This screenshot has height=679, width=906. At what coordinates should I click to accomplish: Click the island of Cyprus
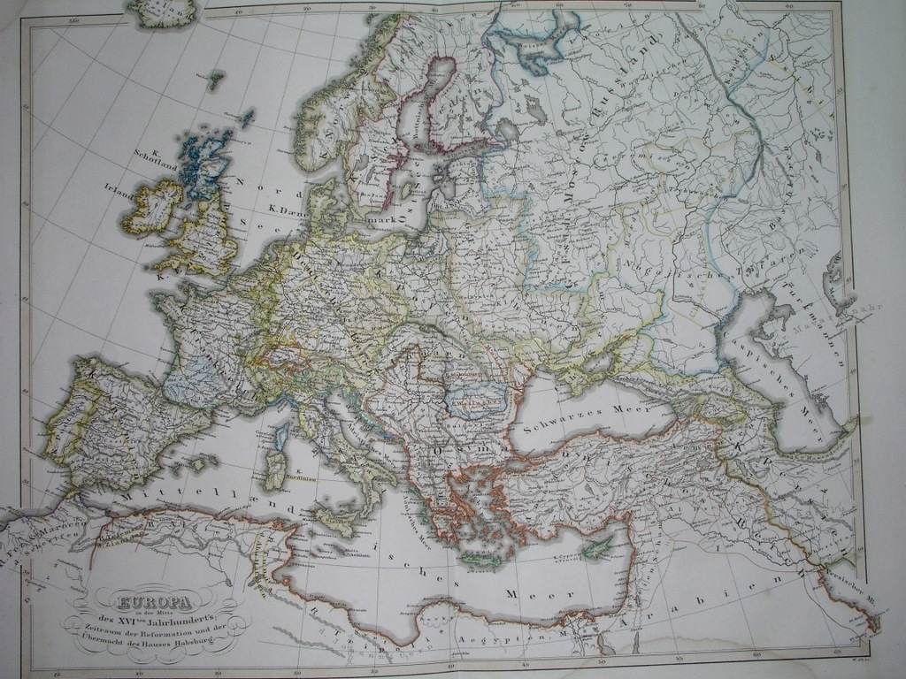(x=598, y=547)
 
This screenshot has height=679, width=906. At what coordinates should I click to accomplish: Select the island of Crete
(x=481, y=560)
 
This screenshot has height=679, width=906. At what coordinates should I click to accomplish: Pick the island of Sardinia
(x=275, y=469)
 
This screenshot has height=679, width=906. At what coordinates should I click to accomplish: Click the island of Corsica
(x=282, y=436)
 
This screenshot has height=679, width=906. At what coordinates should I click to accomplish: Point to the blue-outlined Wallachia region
(x=475, y=401)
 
